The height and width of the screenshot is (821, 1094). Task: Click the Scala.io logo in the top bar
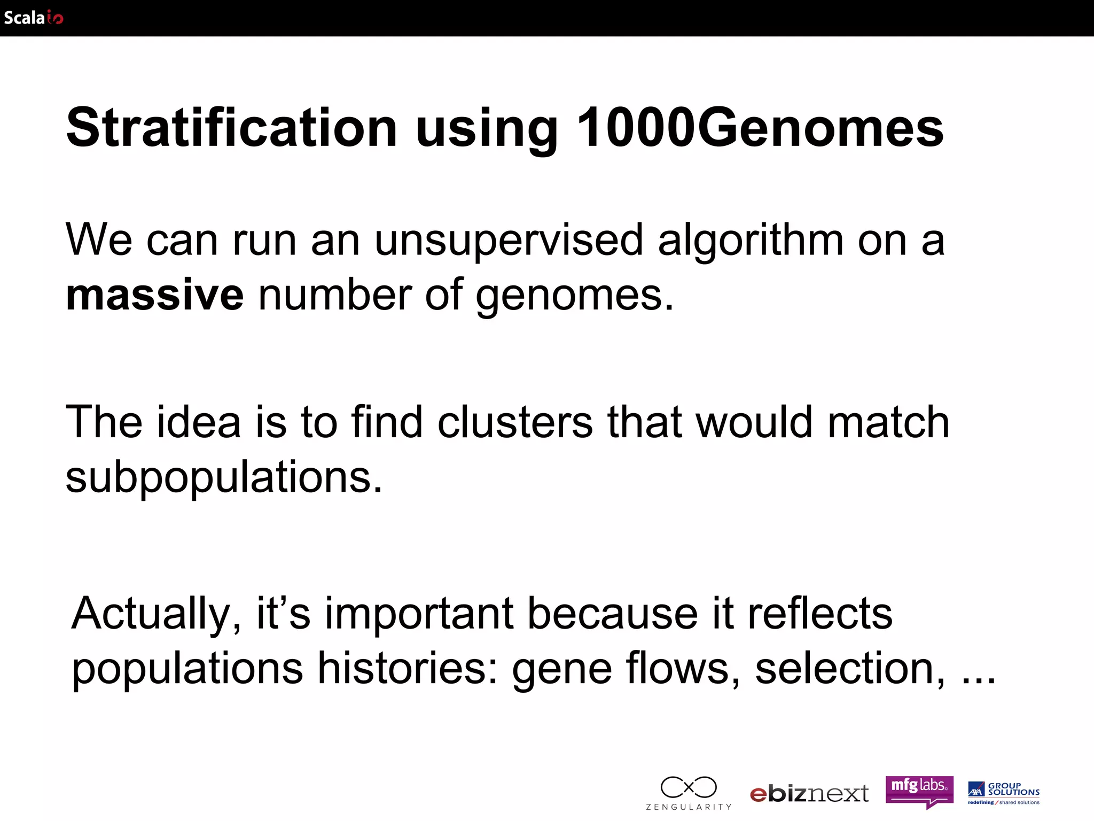pyautogui.click(x=33, y=18)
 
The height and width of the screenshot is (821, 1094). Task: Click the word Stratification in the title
pyautogui.click(x=231, y=128)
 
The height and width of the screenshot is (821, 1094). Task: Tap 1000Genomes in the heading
pyautogui.click(x=760, y=128)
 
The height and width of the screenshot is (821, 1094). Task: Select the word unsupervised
pyautogui.click(x=509, y=240)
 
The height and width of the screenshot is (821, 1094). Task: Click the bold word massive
pyautogui.click(x=154, y=295)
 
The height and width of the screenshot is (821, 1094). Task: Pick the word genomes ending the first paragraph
pyautogui.click(x=574, y=296)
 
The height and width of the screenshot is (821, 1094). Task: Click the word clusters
pyautogui.click(x=515, y=422)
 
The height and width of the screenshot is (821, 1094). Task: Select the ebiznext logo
pyautogui.click(x=809, y=794)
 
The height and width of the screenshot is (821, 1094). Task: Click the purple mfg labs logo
pyautogui.click(x=919, y=791)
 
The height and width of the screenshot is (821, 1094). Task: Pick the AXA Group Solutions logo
pyautogui.click(x=1004, y=793)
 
